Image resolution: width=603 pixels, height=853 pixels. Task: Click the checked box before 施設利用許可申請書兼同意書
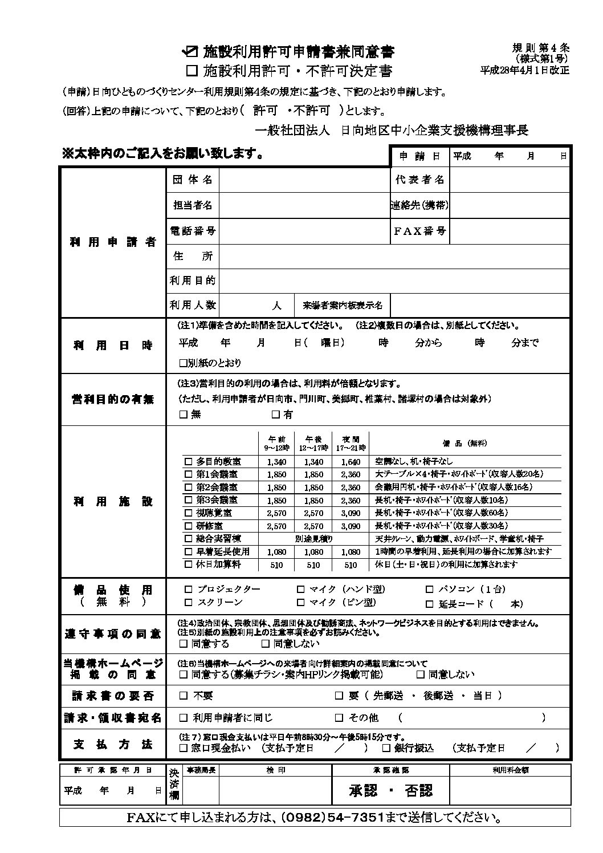coord(189,52)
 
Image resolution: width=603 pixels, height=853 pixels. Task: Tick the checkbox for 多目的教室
coord(189,461)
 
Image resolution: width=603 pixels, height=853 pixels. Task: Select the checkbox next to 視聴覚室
coord(189,513)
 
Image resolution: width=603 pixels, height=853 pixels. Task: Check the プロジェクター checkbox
coord(189,590)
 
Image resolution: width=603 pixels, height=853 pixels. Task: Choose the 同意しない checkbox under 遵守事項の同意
coord(265,644)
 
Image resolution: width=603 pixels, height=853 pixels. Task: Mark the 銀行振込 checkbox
coord(386,748)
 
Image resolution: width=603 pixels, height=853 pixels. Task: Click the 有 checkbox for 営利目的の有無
coord(276,415)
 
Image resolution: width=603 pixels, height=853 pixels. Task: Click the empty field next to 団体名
coord(303,180)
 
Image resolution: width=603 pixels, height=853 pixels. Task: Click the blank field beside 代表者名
coord(510,180)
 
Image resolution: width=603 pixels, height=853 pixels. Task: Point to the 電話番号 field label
coord(193,231)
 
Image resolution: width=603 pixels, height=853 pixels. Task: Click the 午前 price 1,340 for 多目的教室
coord(276,462)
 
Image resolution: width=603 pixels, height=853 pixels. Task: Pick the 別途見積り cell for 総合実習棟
coord(313,539)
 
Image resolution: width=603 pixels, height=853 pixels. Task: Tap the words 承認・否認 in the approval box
coord(390,790)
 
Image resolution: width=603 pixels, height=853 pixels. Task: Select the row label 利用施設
coord(113,502)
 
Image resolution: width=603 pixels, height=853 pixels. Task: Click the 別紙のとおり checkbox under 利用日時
coord(183,363)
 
